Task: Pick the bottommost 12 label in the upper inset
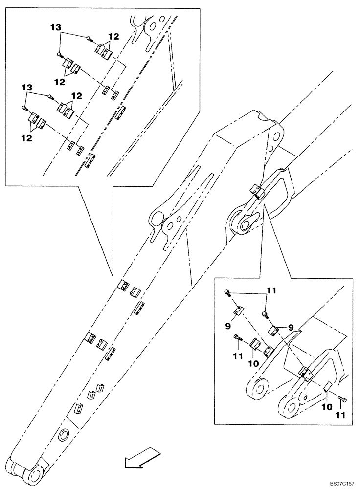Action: click(26, 138)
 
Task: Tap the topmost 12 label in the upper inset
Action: click(113, 36)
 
